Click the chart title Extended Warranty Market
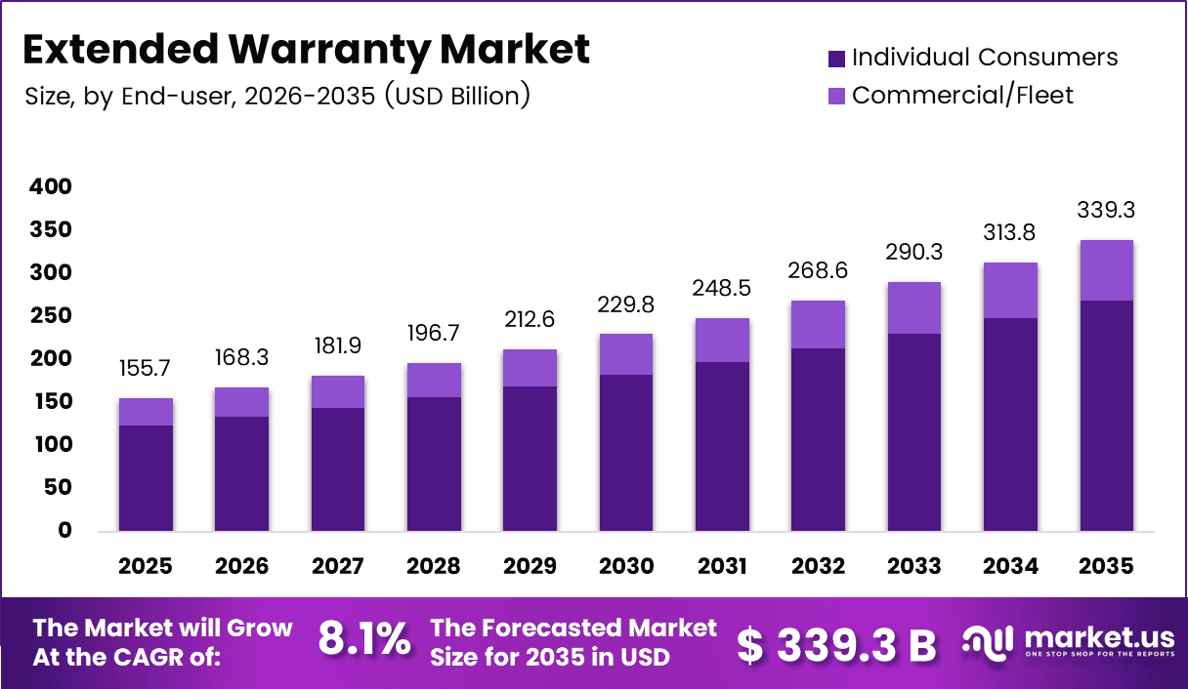(305, 49)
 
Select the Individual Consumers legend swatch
(835, 59)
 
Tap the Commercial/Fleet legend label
(961, 95)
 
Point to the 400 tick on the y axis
(51, 186)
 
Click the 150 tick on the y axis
(51, 401)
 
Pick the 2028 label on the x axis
(433, 567)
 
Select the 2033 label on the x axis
(913, 567)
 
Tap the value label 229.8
(625, 305)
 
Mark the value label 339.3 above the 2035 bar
(1106, 210)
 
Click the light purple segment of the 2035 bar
(1106, 270)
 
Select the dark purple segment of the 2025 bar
(146, 478)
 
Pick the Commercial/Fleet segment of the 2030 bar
(625, 354)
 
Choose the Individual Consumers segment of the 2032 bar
(818, 439)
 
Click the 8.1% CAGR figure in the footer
(364, 642)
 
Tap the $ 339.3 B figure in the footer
(835, 644)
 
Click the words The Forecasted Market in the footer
(573, 628)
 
